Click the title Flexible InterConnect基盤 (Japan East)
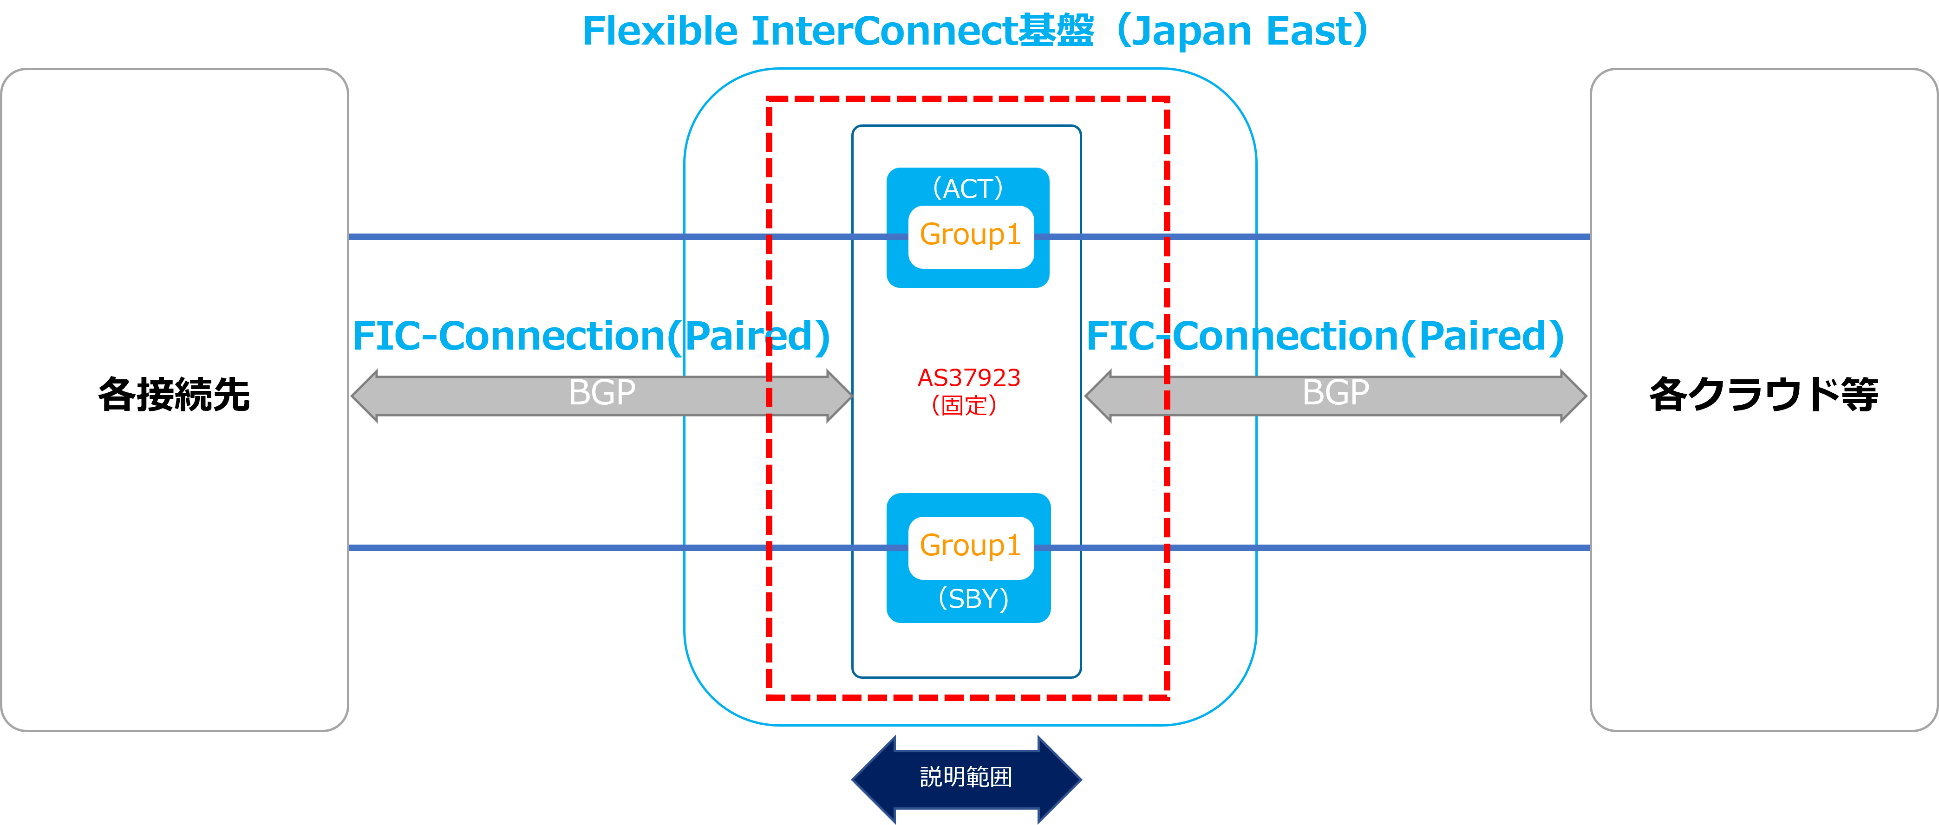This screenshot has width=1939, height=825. tap(975, 32)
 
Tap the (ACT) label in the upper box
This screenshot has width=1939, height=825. tap(968, 188)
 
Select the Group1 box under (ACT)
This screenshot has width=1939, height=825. tap(970, 235)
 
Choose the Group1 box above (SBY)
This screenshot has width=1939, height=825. tap(970, 546)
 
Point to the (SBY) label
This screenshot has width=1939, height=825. tap(973, 599)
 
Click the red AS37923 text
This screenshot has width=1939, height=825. tap(969, 378)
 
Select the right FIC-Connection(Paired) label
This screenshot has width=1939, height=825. tap(1325, 337)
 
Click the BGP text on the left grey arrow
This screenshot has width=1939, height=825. tap(602, 393)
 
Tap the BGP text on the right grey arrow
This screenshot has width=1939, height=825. tap(1336, 393)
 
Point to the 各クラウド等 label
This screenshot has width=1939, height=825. tap(1763, 395)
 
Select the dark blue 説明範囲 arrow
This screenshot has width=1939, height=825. tap(966, 778)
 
